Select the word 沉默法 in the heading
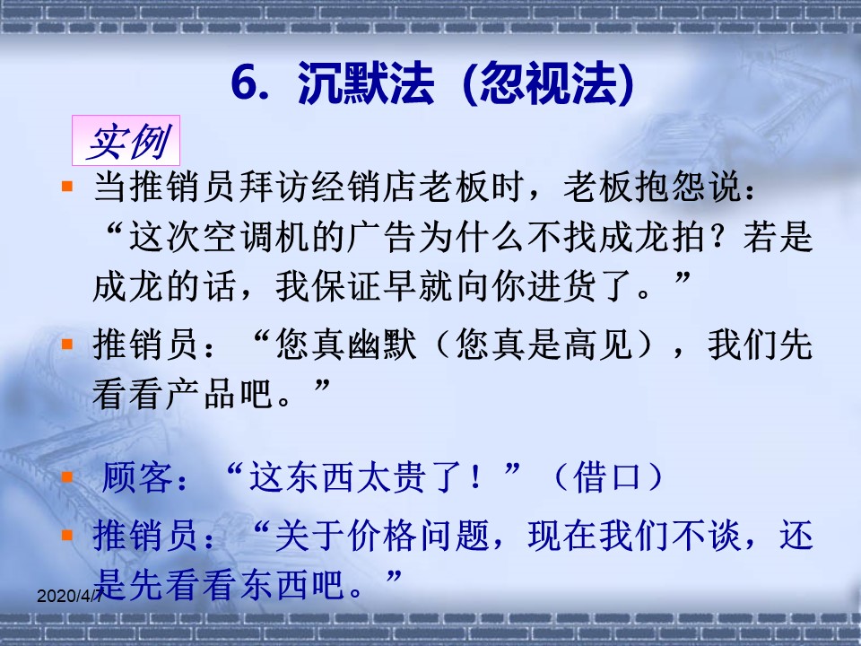point(366,83)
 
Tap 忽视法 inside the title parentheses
point(549,83)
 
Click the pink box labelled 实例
point(126,140)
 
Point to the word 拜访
point(274,187)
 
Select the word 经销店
point(364,187)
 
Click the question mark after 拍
point(724,239)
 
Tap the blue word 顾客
point(138,476)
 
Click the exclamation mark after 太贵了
point(475,476)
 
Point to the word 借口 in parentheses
point(607,476)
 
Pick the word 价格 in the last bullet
point(382,536)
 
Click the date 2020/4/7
point(69,596)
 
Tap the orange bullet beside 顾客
point(67,476)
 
